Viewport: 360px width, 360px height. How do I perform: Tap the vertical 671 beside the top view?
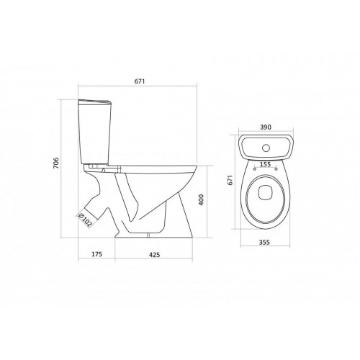230,183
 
